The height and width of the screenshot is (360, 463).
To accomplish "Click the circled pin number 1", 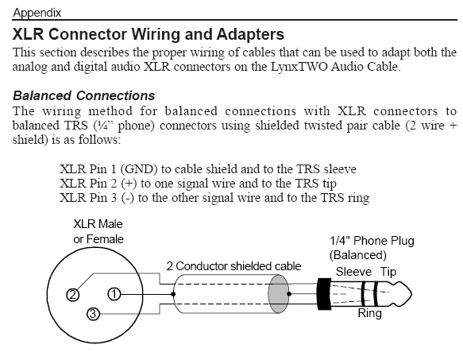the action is (x=114, y=294).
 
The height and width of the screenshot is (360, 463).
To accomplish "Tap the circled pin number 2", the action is (x=72, y=295).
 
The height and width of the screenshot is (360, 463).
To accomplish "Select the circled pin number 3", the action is (x=93, y=314).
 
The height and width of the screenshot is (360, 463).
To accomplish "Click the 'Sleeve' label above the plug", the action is (x=353, y=272).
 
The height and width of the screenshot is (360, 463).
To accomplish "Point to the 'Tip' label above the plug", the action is (x=388, y=273).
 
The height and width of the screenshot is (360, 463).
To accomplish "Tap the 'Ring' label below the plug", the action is (x=370, y=313).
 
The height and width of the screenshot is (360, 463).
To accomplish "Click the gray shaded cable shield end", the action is (x=278, y=294).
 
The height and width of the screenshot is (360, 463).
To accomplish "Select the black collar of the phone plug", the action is (x=324, y=294).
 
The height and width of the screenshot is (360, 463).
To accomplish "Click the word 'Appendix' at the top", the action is (x=37, y=13).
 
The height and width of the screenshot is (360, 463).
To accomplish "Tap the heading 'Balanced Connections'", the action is (x=84, y=96).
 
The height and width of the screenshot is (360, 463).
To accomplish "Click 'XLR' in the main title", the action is (x=29, y=34).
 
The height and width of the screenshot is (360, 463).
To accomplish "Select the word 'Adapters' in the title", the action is (x=250, y=35).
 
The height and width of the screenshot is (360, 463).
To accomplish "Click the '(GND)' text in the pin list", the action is (x=139, y=169).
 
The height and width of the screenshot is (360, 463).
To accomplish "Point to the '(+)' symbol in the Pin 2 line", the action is (x=129, y=184).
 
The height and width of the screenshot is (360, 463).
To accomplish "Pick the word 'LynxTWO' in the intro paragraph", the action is (x=299, y=67).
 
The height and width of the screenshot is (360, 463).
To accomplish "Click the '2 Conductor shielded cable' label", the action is (x=233, y=266).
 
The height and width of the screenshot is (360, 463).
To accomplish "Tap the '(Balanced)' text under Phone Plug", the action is (x=358, y=255).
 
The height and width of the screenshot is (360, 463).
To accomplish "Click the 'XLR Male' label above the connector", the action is (x=98, y=224).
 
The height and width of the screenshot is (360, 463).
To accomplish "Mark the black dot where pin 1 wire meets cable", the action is (x=173, y=294).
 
